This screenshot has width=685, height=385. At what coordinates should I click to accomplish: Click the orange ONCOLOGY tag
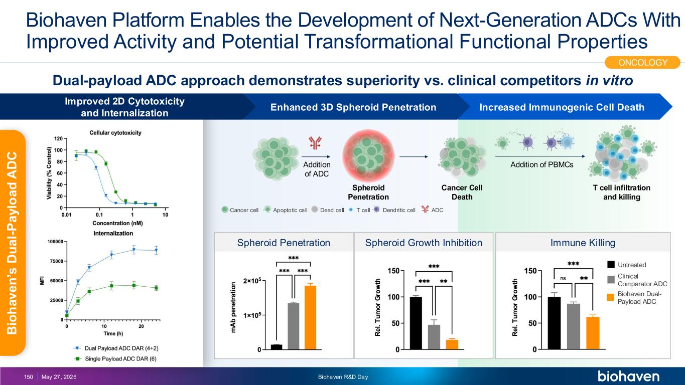642,62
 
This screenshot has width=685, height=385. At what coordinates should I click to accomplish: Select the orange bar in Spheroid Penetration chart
311,317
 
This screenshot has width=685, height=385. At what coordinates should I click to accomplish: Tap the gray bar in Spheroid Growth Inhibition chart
434,337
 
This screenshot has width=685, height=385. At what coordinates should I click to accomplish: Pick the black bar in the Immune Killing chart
554,323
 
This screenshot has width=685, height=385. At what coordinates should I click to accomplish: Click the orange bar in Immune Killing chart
593,333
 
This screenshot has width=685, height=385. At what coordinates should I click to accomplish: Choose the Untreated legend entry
627,265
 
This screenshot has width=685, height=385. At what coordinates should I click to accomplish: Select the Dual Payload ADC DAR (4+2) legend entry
116,348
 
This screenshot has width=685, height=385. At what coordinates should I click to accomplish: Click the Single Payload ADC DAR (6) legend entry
115,359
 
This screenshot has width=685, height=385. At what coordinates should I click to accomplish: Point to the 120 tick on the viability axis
58,139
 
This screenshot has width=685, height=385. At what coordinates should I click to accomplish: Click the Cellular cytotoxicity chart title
115,133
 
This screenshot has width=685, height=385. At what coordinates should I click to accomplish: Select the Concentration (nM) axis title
118,223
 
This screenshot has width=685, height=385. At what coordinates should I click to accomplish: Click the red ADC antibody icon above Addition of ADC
315,142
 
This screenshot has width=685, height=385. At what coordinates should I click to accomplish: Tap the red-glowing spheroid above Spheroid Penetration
368,156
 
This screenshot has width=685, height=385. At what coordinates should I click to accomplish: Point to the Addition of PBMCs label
541,165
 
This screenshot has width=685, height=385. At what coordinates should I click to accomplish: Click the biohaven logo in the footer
628,376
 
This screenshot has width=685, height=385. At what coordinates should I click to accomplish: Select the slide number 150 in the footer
29,377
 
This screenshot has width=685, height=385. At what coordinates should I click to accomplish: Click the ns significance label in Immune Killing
563,278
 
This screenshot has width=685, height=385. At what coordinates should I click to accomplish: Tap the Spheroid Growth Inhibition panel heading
424,243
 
